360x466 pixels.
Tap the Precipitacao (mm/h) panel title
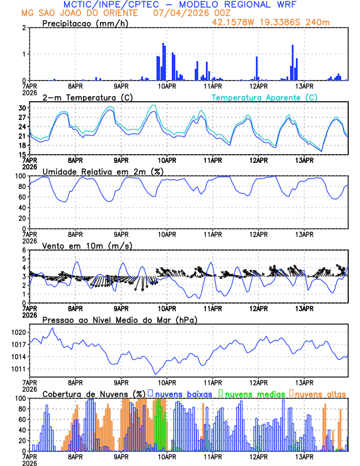coord(85,23)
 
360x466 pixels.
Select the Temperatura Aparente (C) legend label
coord(264,97)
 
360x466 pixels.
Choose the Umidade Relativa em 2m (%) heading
coord(103,171)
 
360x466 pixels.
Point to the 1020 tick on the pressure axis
coord(19,332)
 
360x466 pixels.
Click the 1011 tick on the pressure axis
coord(19,370)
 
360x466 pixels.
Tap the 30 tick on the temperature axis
coord(22,108)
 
